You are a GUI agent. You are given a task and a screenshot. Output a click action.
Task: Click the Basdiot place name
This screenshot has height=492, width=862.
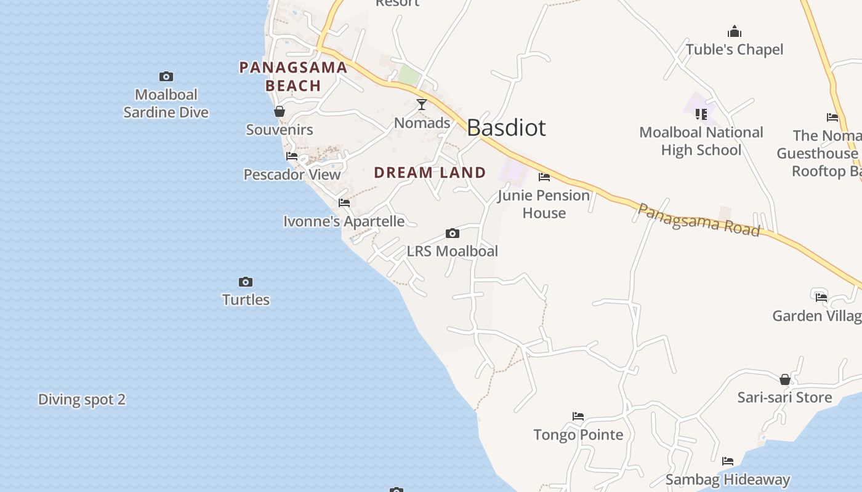[x=506, y=128]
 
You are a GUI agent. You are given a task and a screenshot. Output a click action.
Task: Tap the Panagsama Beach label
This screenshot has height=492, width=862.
[x=293, y=76]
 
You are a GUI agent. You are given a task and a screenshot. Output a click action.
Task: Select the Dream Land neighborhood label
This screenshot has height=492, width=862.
[x=430, y=173]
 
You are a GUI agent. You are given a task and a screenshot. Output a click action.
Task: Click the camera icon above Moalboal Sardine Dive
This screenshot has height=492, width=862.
[x=166, y=77]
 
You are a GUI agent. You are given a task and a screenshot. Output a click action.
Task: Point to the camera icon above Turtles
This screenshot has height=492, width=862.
[x=246, y=282]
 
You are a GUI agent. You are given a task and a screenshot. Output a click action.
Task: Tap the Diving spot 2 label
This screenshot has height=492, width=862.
[x=82, y=400]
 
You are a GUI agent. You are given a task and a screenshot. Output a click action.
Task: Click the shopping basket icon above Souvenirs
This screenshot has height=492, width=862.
[x=280, y=112]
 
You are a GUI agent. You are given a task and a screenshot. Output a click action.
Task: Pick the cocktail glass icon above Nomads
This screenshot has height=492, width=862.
[x=422, y=105]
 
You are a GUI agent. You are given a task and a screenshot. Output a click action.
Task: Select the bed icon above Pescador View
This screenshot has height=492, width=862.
[x=292, y=156]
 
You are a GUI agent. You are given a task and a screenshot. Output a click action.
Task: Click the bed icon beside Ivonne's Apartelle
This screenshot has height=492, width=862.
[x=344, y=203]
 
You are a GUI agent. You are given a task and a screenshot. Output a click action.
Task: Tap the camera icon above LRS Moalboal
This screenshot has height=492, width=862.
[x=453, y=234]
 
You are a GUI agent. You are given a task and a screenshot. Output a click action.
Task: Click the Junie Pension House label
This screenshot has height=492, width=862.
[x=544, y=204]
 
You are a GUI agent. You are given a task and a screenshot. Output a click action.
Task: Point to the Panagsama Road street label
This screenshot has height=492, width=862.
[x=699, y=220]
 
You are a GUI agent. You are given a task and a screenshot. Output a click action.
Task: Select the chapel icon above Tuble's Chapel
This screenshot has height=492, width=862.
[x=734, y=31]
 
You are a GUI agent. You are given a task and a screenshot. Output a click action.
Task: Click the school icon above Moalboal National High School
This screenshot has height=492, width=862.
[x=701, y=114]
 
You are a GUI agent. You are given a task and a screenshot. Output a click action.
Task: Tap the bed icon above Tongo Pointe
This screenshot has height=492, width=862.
[x=578, y=416]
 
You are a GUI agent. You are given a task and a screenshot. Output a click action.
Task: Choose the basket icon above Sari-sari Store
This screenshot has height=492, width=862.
[x=785, y=379]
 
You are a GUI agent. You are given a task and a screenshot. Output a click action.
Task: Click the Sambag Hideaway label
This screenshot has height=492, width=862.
[x=728, y=480]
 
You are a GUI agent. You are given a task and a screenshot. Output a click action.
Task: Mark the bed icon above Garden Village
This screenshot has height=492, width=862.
[x=821, y=298]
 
